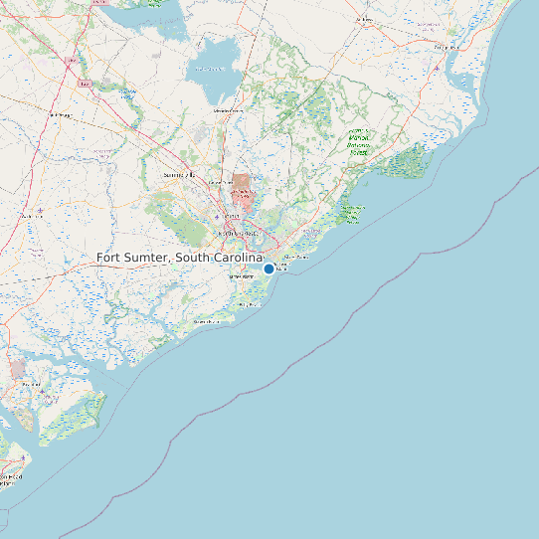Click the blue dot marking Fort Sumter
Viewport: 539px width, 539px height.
(269, 269)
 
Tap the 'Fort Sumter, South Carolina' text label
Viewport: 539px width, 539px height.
(179, 258)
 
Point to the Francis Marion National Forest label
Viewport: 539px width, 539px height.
(359, 142)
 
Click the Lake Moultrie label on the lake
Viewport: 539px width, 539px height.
(209, 69)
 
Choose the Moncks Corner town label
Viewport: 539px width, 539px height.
(228, 110)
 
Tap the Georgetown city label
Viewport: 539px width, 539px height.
(439, 46)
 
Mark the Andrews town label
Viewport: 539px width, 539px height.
(364, 20)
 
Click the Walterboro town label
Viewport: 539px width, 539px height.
(61, 115)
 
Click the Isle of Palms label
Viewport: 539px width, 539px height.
(297, 257)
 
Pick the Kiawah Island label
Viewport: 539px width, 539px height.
(206, 322)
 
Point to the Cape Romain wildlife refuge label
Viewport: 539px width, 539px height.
(353, 212)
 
